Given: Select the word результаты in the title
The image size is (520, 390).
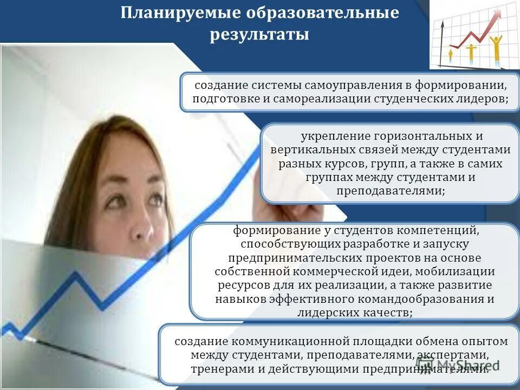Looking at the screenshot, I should point(259,35).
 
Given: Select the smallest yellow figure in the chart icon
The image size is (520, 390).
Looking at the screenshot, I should point(451,54).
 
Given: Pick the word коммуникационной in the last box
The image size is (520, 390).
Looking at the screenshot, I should point(289,341).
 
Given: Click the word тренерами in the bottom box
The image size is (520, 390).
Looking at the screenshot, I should point(219,369).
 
